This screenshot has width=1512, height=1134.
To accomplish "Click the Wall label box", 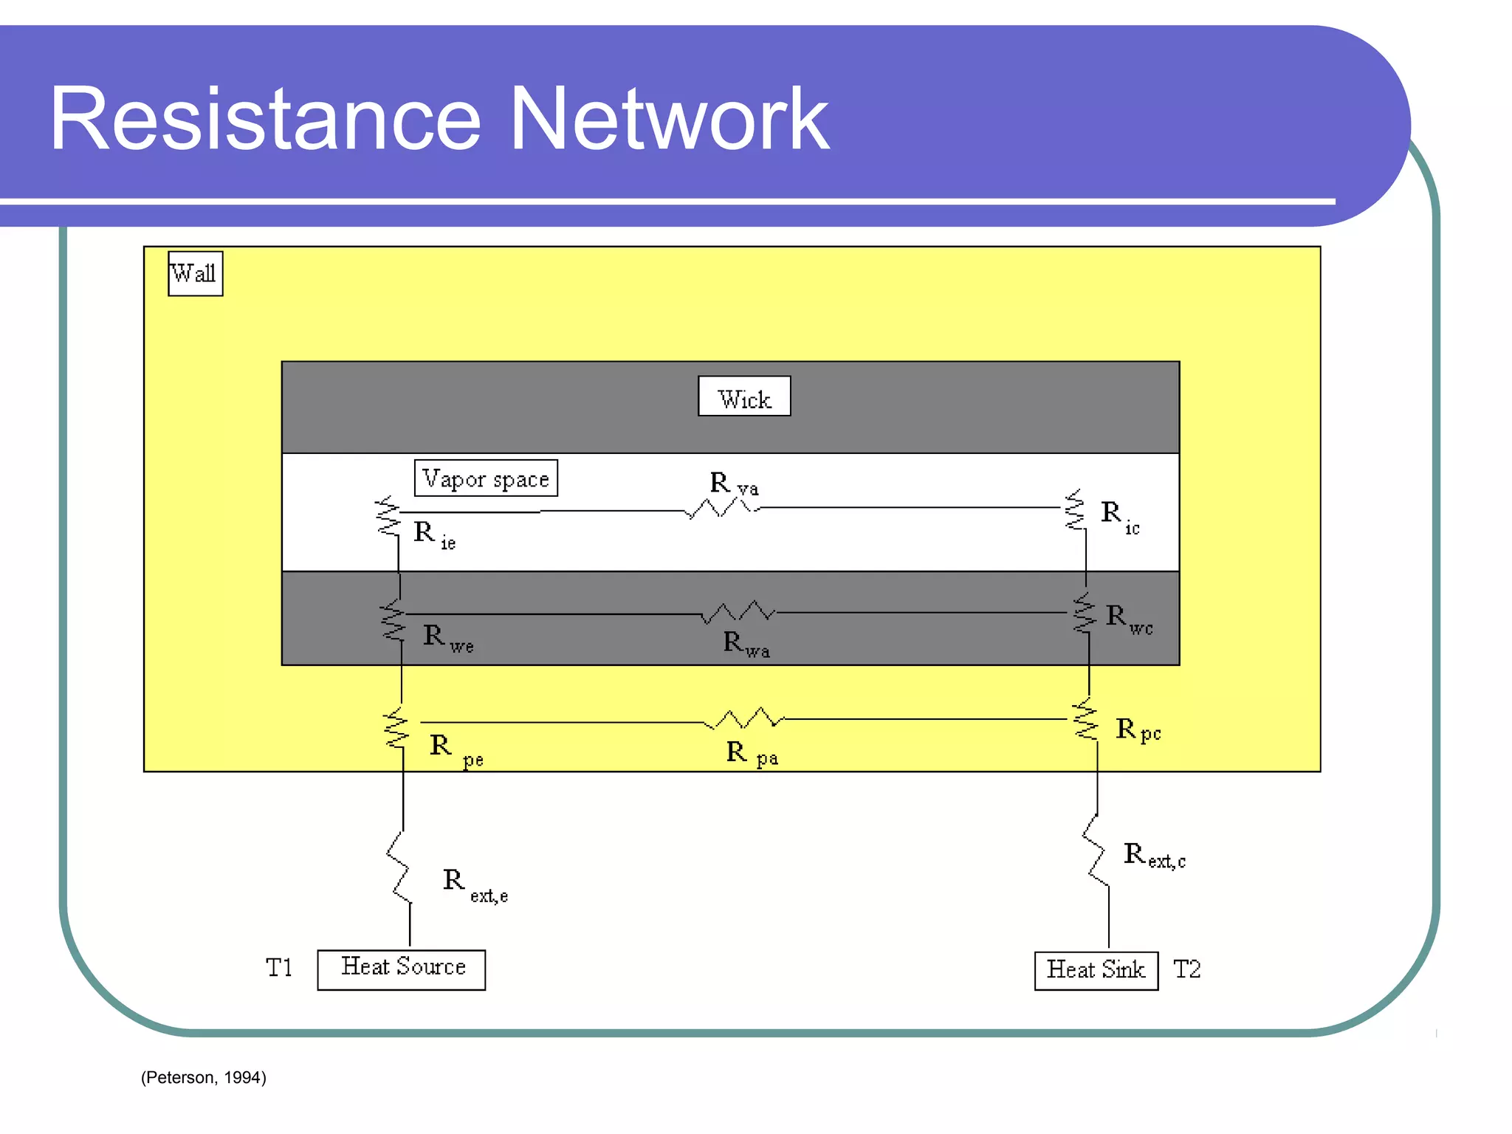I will coord(195,274).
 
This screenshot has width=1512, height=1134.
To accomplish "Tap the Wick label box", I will coord(743,396).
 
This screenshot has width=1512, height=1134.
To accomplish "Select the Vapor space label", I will coord(486,478).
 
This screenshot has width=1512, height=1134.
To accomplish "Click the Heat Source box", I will coord(401,969).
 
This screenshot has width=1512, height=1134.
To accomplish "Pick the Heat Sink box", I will coord(1096,970).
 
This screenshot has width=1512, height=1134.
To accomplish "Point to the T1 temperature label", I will coord(279,968).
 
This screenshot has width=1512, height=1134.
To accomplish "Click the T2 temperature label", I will coord(1186,969).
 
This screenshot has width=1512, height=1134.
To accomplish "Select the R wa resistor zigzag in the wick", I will coord(738,612).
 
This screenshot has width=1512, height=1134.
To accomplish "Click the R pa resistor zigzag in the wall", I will coord(744,718).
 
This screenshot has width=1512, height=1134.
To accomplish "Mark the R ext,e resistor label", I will coord(475,884).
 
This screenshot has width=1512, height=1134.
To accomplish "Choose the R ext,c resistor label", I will coord(1154,856).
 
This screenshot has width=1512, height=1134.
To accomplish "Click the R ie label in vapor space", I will coord(434,535).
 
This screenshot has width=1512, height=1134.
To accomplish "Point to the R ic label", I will coord(1119,515).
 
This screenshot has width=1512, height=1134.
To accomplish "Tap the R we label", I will coord(447,638).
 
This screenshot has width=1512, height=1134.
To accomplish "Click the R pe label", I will coord(456,749).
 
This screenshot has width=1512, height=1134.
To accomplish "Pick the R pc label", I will coord(1137,730).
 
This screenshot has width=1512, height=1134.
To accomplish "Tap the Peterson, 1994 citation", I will coord(203,1077).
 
